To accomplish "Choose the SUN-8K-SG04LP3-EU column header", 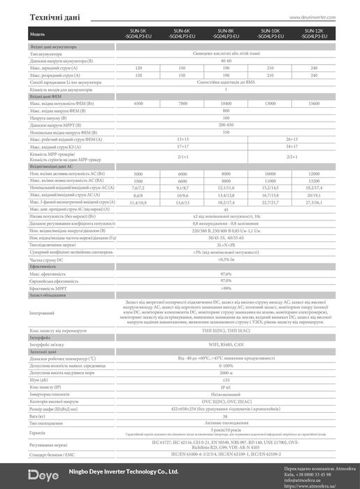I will [225, 34].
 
